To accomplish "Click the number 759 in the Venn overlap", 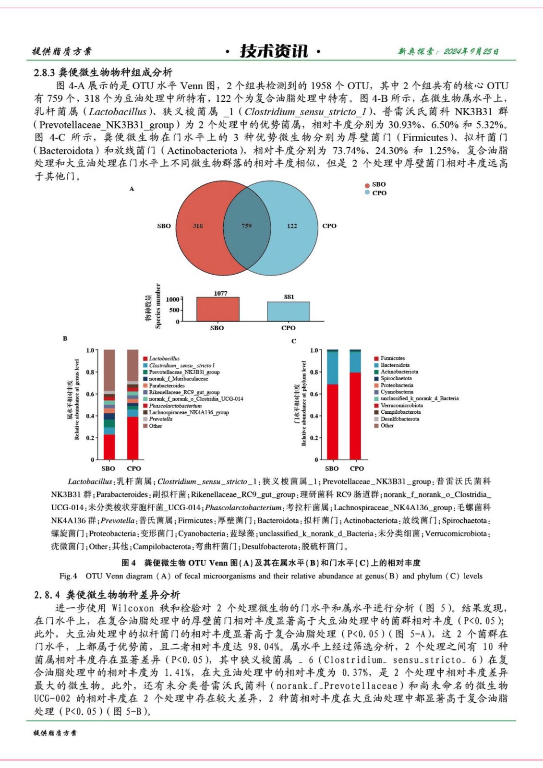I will [x=246, y=226].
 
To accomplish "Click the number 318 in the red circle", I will [x=198, y=226].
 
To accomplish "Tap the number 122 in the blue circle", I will [x=292, y=226].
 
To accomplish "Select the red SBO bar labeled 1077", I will [x=217, y=310].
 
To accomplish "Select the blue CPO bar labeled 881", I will [x=289, y=312].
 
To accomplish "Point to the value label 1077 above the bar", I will [x=220, y=293].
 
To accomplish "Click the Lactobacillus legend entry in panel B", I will [x=164, y=359].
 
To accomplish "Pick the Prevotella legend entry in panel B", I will [x=160, y=419].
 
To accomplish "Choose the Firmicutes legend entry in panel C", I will [x=392, y=358].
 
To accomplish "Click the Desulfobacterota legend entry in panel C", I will [x=399, y=419].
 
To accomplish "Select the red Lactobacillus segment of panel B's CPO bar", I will [x=133, y=438].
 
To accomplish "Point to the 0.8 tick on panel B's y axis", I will [x=90, y=372].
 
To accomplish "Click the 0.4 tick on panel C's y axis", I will [x=314, y=416].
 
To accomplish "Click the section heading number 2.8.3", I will [x=45, y=72].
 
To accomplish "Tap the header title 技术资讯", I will [x=274, y=51].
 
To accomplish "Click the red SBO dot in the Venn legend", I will [x=367, y=185].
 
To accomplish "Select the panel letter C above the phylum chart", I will [x=294, y=341].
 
